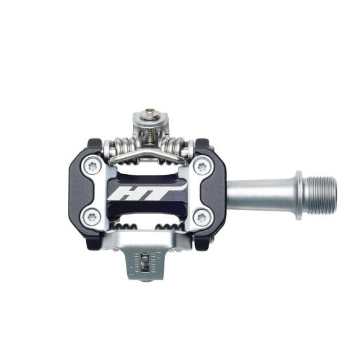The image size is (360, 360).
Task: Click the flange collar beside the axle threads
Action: tap(299, 189)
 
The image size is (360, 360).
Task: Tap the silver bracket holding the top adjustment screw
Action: tap(150, 124)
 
